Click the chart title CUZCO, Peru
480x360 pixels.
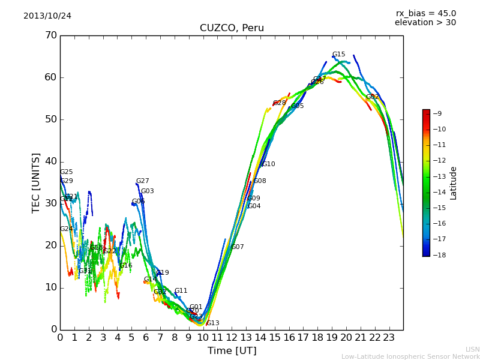(x=232, y=28)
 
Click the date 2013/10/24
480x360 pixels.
(x=47, y=16)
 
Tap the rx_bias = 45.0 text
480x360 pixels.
(x=425, y=14)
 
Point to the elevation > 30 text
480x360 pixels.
(x=425, y=23)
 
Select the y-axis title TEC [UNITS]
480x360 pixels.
(x=36, y=182)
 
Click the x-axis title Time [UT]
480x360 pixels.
(x=232, y=351)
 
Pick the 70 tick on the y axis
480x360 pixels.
(x=50, y=35)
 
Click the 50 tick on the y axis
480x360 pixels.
(x=50, y=119)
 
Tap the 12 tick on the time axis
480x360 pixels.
(x=232, y=338)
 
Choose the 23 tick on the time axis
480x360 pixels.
(x=389, y=338)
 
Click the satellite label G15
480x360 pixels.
(x=339, y=55)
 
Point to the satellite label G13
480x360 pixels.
(x=213, y=323)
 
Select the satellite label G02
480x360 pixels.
(x=373, y=97)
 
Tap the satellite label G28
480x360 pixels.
(x=280, y=103)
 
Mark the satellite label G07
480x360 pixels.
(x=238, y=247)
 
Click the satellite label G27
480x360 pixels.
(x=143, y=181)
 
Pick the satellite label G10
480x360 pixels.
(x=269, y=164)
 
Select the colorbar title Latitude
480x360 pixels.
(x=454, y=183)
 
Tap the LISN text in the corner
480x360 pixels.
(x=473, y=349)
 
